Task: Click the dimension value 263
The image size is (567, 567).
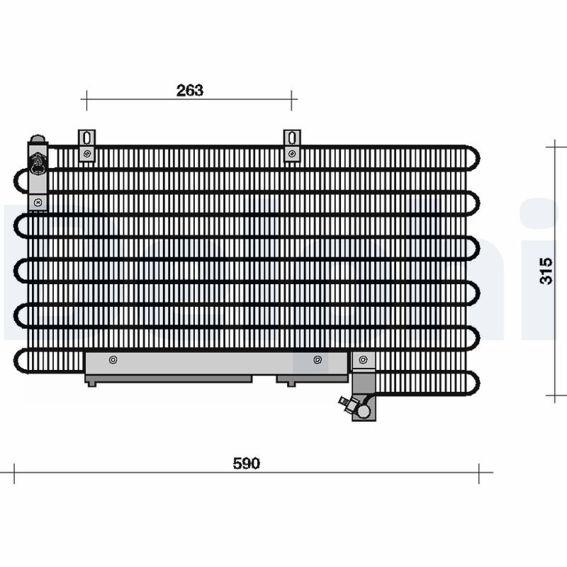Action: [x=189, y=90]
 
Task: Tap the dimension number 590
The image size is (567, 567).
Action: [x=247, y=464]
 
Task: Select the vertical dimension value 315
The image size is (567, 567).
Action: [x=546, y=270]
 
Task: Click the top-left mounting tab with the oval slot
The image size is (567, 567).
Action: [x=86, y=145]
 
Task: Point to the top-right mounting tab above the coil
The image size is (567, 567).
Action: [x=291, y=145]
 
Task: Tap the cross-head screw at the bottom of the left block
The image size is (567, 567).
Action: [x=38, y=203]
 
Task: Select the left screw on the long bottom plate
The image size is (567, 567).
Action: [x=113, y=360]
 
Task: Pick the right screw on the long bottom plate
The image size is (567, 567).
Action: [x=317, y=360]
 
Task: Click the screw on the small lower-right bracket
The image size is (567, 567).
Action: [x=364, y=360]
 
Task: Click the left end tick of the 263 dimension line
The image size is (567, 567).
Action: [x=86, y=100]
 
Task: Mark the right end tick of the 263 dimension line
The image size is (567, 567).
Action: [x=291, y=100]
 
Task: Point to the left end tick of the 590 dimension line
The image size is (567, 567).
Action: [x=14, y=473]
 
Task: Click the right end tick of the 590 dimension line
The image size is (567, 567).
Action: [x=480, y=473]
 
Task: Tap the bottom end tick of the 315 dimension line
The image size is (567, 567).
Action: [x=555, y=394]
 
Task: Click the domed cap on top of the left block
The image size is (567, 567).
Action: [x=37, y=140]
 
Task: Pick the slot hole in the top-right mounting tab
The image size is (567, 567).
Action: [x=291, y=137]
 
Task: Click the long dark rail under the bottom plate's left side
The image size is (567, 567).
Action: [x=169, y=378]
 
